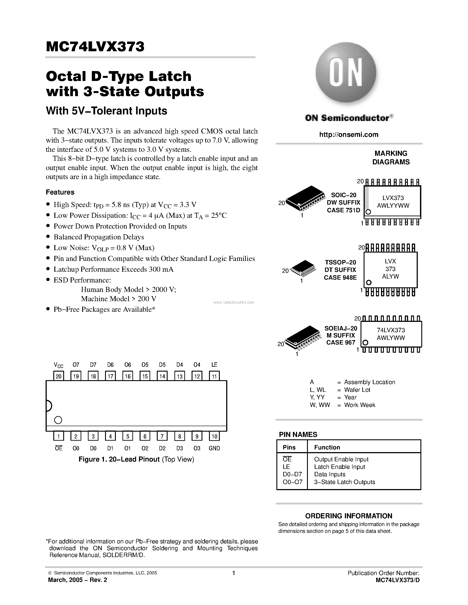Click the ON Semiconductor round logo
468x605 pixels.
(346, 72)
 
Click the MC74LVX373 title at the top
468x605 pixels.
(95, 47)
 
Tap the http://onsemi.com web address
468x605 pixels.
(348, 135)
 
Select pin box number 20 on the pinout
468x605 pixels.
(59, 376)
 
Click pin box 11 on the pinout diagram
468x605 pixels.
(214, 376)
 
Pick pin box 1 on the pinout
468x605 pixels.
(59, 436)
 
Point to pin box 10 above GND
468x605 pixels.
(214, 436)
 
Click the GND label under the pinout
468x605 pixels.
(214, 448)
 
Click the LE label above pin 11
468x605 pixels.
(214, 365)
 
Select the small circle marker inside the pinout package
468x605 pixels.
(58, 420)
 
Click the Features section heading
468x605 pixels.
(60, 192)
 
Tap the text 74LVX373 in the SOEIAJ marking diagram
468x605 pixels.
(391, 330)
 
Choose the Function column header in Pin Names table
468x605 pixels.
(327, 447)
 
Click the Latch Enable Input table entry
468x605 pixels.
(339, 467)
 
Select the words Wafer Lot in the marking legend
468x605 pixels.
(357, 390)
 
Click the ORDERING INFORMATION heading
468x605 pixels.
(348, 516)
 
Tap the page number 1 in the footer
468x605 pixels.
(234, 573)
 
